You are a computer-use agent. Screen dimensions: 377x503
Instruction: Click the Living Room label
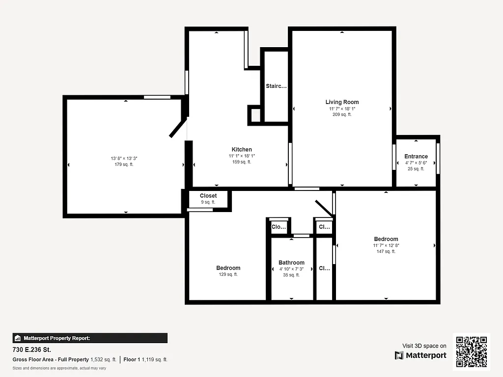click(342, 102)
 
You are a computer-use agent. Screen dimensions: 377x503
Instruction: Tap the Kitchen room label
click(242, 150)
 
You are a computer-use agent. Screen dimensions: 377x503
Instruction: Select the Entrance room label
click(416, 157)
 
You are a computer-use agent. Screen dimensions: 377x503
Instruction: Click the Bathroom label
click(291, 263)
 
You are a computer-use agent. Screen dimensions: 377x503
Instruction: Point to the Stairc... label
click(276, 86)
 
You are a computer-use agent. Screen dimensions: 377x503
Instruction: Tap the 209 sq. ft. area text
click(342, 114)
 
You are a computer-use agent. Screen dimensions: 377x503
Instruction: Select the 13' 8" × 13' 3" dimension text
click(124, 159)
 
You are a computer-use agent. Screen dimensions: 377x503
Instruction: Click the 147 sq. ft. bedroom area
click(386, 251)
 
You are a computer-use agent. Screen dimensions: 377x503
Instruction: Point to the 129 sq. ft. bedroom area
click(228, 274)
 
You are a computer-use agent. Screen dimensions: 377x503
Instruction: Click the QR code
click(472, 351)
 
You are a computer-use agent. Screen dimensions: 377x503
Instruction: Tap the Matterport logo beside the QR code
click(421, 355)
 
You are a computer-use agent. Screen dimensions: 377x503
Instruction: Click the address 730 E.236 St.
click(32, 350)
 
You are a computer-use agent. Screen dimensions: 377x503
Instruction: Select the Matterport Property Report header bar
click(90, 338)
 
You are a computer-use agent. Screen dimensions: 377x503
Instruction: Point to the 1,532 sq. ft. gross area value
click(103, 360)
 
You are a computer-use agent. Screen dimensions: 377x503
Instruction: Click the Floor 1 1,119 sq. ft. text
click(145, 360)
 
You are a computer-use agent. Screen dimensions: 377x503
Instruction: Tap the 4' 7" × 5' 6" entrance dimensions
click(416, 163)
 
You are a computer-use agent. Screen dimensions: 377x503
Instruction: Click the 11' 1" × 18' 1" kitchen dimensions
click(242, 156)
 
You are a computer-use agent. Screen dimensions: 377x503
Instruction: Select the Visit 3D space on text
click(424, 346)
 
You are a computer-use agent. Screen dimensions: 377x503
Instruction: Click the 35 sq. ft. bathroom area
click(291, 275)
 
